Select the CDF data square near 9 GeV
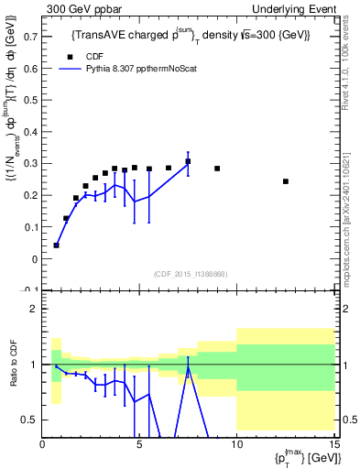[x=217, y=169]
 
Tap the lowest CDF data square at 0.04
[x=57, y=245]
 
